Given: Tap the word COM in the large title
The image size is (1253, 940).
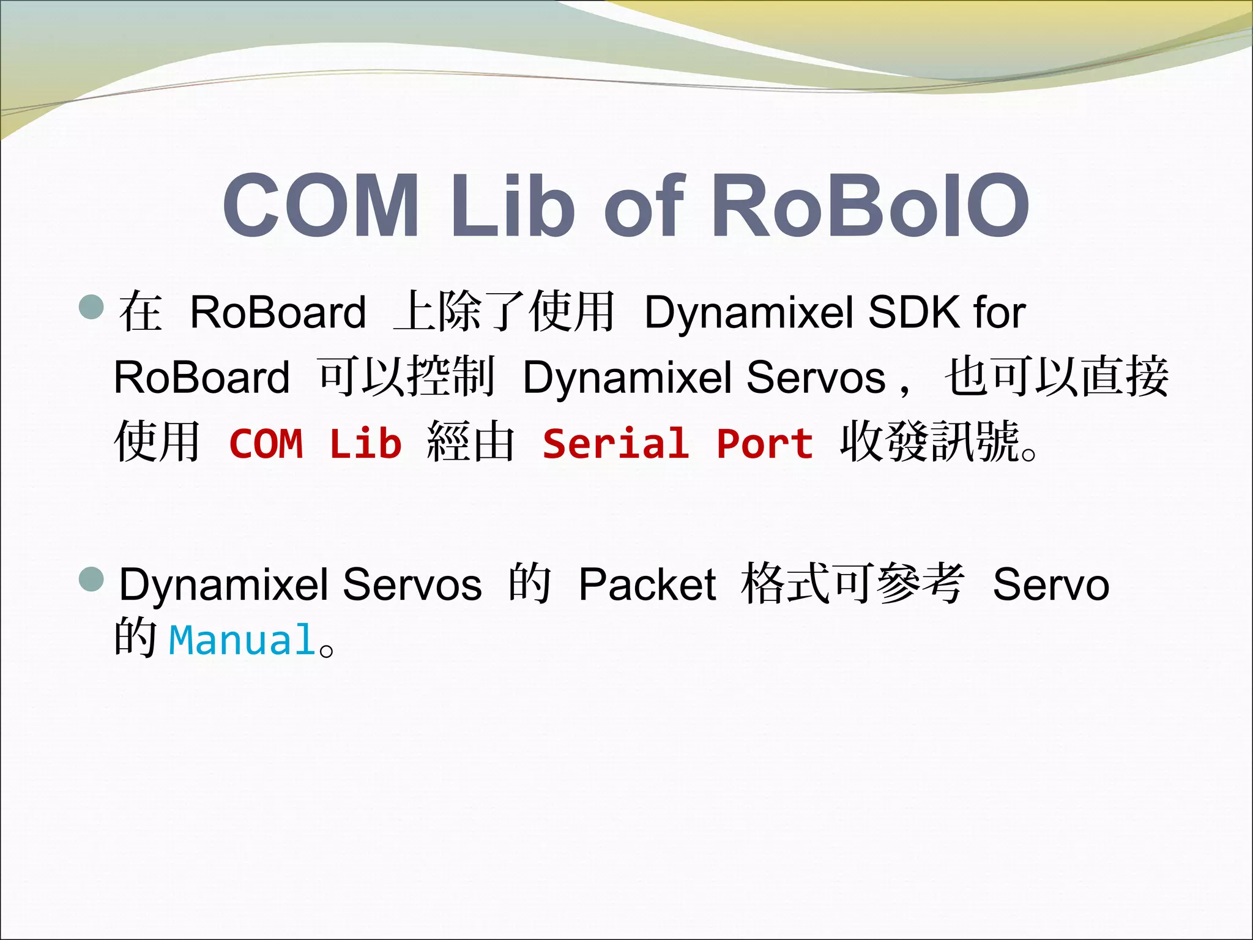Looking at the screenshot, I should click(321, 206).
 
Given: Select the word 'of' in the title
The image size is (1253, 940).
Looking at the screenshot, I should click(644, 206).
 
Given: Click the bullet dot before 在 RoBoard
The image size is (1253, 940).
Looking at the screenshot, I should click(92, 306).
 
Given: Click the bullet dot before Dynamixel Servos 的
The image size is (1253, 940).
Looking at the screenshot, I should click(92, 578).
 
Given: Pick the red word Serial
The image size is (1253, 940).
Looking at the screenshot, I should click(615, 443).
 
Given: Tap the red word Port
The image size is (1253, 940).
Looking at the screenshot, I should click(765, 443).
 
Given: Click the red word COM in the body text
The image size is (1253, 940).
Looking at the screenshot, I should click(266, 443).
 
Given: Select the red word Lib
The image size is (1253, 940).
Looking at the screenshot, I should click(365, 443).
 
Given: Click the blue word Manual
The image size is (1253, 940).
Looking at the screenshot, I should click(242, 640).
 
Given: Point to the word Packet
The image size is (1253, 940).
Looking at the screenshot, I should click(647, 584).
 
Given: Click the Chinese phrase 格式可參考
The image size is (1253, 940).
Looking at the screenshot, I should click(852, 583).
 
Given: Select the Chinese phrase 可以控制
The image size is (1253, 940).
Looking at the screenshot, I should click(407, 376).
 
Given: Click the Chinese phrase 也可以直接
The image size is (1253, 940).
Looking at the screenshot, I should click(1057, 376).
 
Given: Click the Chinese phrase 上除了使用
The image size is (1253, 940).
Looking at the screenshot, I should click(504, 311).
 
